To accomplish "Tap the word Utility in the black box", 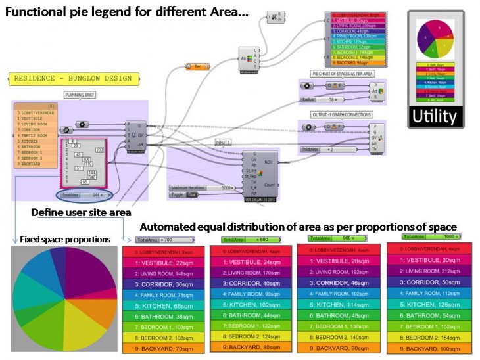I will (x=441, y=117).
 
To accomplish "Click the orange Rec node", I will (x=196, y=66).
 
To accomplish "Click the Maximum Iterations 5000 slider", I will (x=200, y=187).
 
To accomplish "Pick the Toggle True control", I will (x=185, y=195).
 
